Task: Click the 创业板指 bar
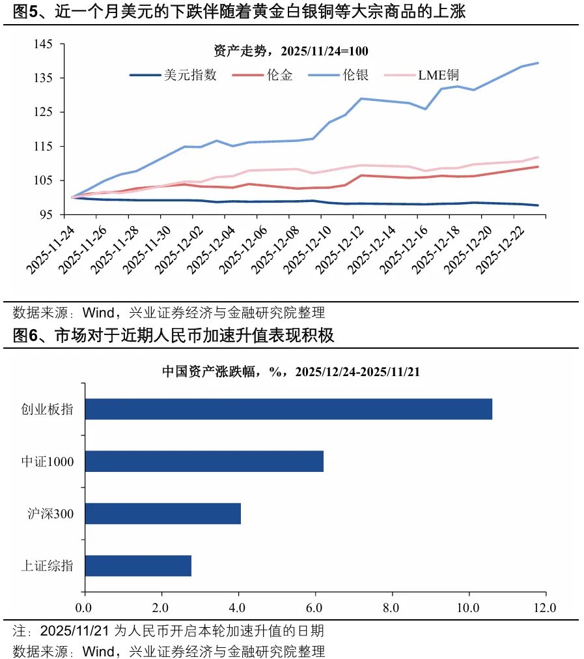288,409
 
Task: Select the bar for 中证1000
204,461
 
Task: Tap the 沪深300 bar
163,514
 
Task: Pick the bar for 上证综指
138,566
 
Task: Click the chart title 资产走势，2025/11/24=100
291,51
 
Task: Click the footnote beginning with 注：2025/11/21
168,632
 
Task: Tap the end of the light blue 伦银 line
538,63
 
